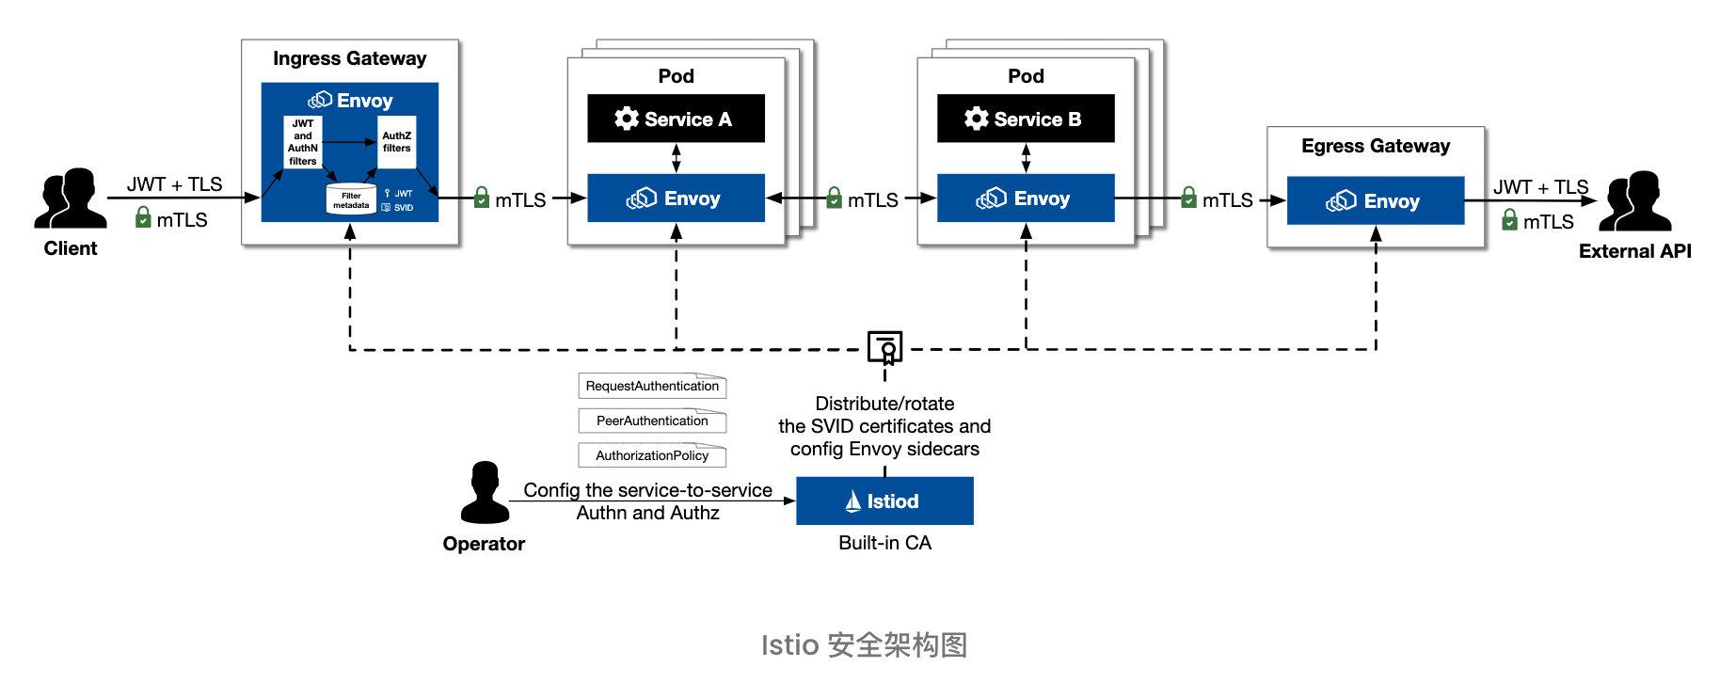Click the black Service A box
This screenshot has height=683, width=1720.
click(x=676, y=119)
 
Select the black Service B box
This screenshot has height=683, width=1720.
click(x=1026, y=119)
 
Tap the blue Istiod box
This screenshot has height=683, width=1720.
click(x=884, y=500)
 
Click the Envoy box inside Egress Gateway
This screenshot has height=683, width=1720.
click(x=1375, y=200)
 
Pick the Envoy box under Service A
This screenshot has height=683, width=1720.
click(x=676, y=199)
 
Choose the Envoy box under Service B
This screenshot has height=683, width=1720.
click(x=1026, y=199)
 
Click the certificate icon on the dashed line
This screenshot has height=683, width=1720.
click(x=885, y=347)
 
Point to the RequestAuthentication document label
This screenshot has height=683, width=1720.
click(x=652, y=386)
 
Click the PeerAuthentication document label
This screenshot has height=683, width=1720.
click(x=652, y=421)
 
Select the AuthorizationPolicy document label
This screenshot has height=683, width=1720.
click(x=652, y=455)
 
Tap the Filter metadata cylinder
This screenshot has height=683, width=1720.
click(x=351, y=199)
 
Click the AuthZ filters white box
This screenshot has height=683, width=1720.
click(x=396, y=142)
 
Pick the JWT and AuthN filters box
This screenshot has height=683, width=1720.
click(x=303, y=142)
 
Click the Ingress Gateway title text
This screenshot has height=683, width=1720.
click(x=349, y=58)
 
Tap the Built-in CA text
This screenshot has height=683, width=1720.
click(x=884, y=543)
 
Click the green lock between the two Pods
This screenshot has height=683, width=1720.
click(x=834, y=198)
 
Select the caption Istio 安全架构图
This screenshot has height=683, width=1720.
click(x=863, y=645)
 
